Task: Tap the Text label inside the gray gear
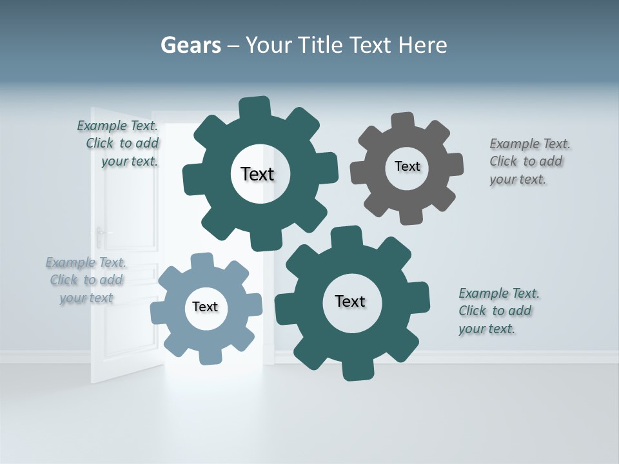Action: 407,166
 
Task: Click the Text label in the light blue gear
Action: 205,307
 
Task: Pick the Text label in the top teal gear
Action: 257,174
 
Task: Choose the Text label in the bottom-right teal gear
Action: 350,301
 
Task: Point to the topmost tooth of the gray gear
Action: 403,121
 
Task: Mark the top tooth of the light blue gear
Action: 202,260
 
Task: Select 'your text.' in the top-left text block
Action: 129,161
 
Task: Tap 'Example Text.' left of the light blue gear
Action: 86,262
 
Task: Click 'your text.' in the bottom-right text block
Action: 487,329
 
